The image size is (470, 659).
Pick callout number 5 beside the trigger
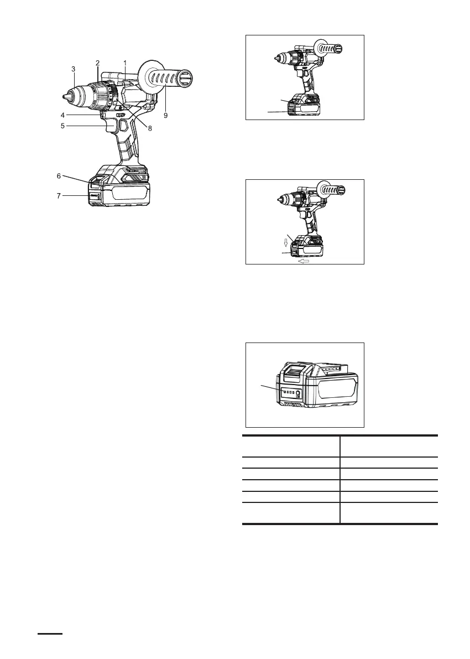pos(63,126)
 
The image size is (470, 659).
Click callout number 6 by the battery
pos(59,175)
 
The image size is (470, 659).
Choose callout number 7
pos(59,195)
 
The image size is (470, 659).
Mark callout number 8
pos(150,128)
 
